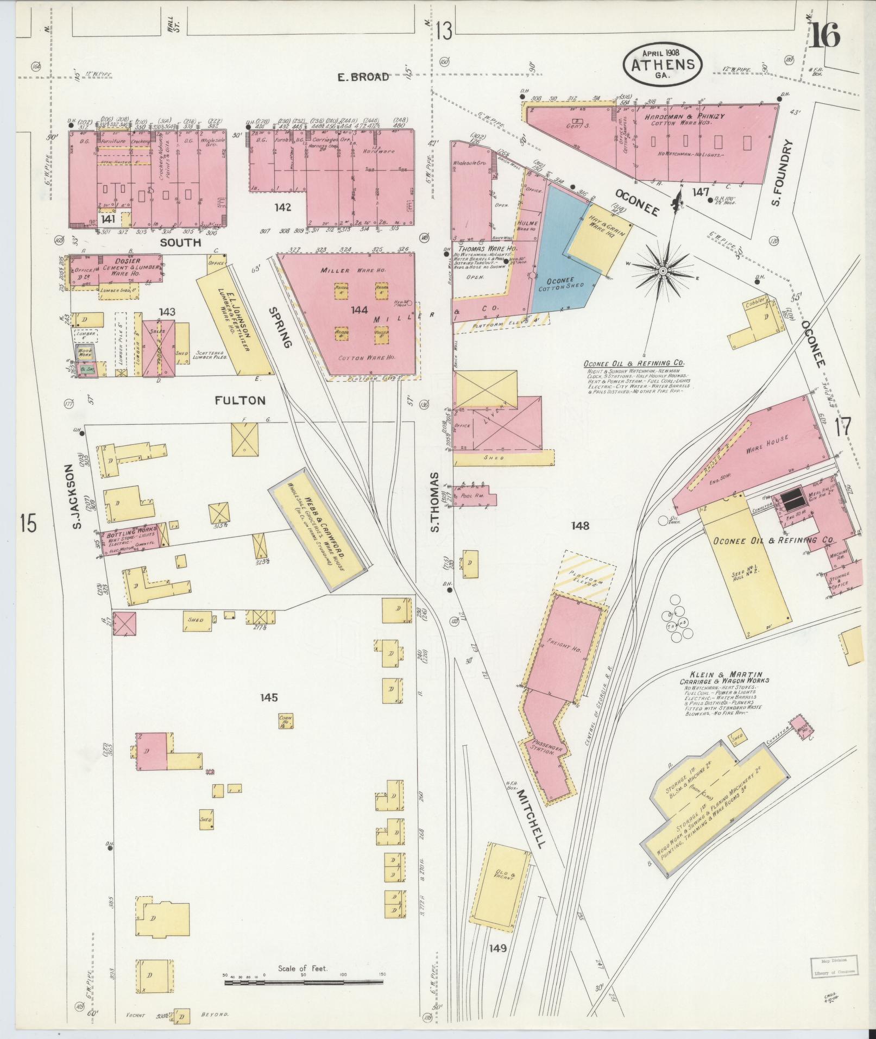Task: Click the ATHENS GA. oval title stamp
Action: coord(663,64)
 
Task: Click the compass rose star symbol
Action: coord(663,270)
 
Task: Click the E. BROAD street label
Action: coord(363,77)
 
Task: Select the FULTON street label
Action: coord(240,401)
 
